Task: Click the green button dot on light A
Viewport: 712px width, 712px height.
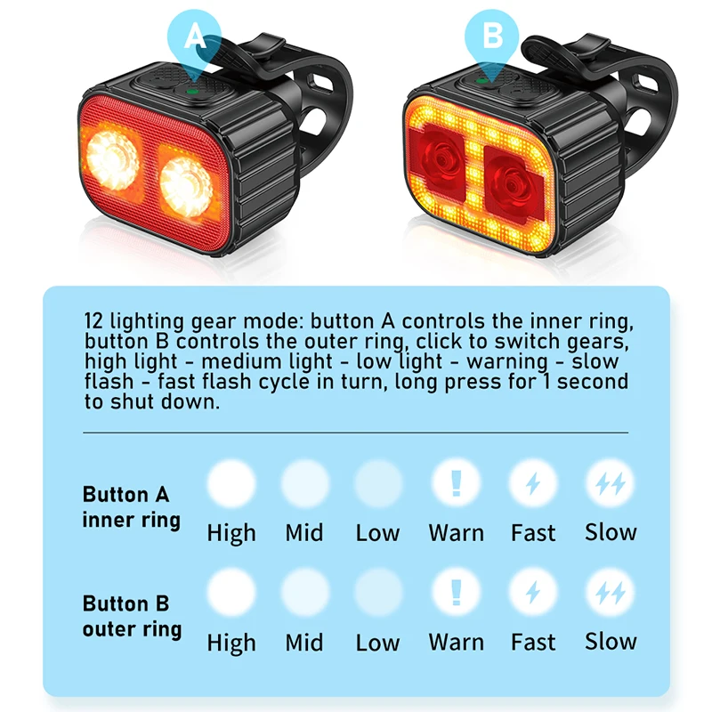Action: click(x=192, y=92)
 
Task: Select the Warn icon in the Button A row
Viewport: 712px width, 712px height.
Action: click(x=456, y=483)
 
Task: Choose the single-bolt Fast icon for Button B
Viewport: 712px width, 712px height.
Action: click(x=533, y=593)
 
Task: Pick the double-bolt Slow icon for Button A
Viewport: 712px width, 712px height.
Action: click(x=610, y=483)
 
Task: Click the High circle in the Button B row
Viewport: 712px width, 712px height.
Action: click(x=231, y=593)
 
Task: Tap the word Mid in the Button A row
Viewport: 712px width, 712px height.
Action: click(x=304, y=533)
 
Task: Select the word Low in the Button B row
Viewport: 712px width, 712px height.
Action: click(x=377, y=643)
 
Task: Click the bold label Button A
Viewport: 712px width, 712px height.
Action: click(x=125, y=495)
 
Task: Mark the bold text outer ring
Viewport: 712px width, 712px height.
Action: click(x=132, y=630)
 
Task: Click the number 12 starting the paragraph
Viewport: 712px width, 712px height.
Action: click(x=95, y=321)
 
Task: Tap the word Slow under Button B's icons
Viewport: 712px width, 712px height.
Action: click(x=611, y=642)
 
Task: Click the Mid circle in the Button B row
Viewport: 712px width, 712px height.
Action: click(x=304, y=593)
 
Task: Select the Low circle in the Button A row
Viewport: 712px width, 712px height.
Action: click(x=378, y=483)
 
